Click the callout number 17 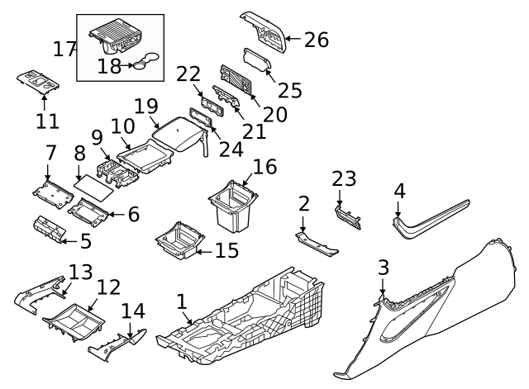pyautogui.click(x=65, y=49)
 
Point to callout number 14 pyautogui.click(x=132, y=311)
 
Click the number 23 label pyautogui.click(x=343, y=178)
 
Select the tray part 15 pyautogui.click(x=180, y=239)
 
